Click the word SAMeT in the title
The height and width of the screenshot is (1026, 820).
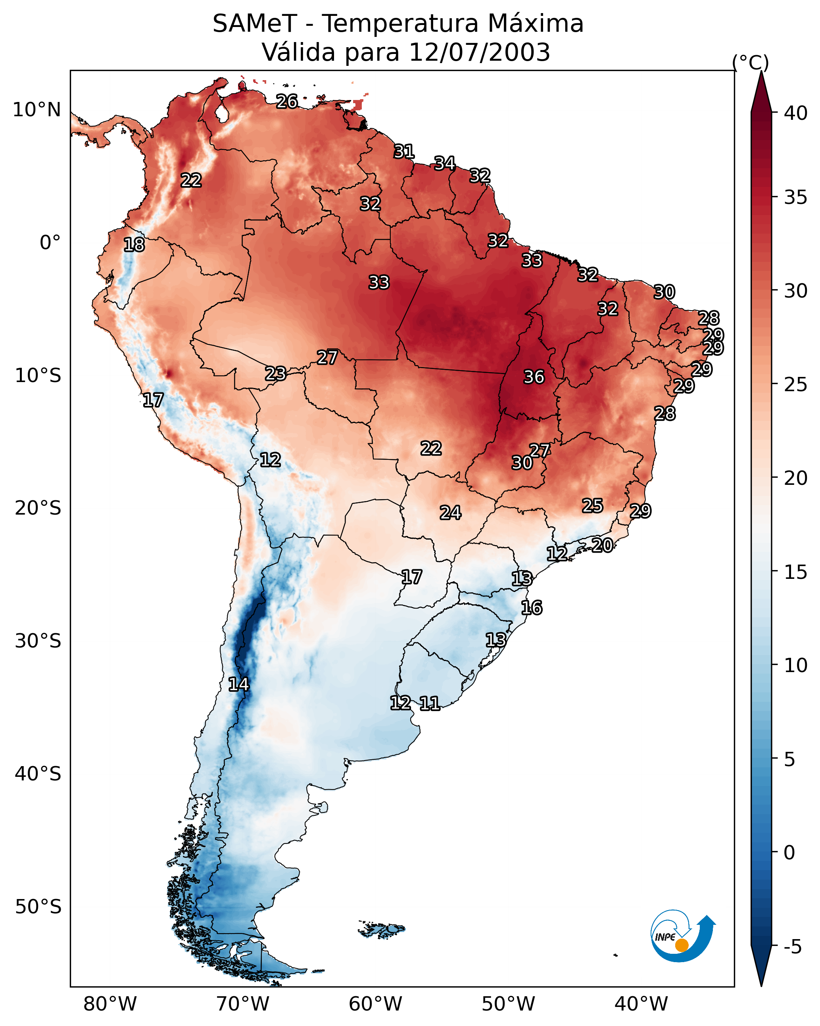point(255,24)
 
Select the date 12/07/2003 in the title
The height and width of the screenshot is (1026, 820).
point(479,52)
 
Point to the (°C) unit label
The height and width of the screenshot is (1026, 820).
point(750,62)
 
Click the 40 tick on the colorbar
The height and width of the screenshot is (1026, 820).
point(796,113)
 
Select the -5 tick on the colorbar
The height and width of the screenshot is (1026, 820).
point(792,947)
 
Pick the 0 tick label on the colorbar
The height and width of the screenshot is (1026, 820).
point(789,852)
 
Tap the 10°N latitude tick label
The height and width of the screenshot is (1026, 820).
point(36,110)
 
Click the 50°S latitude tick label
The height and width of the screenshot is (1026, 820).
point(38,907)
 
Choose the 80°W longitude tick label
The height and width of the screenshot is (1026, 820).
point(110,1004)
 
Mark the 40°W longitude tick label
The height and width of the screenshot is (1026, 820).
point(641,1004)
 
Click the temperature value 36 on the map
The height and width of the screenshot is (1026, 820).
point(534,377)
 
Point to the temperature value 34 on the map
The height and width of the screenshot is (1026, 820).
point(444,163)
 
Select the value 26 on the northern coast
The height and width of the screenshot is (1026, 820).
point(287,101)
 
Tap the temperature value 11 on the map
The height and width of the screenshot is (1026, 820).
point(429,703)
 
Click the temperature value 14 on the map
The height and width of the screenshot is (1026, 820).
point(238,684)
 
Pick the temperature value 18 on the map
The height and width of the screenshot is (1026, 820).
point(134,245)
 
